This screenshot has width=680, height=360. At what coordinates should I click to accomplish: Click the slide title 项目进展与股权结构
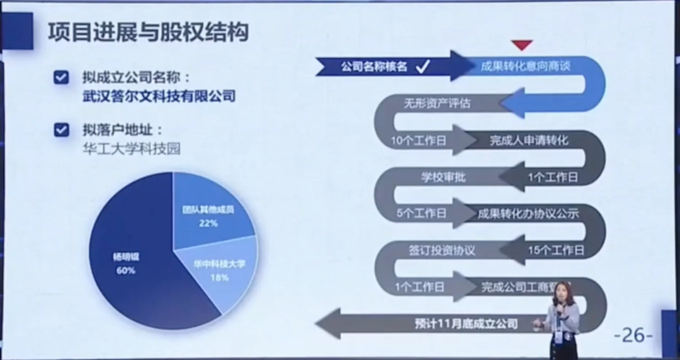click(x=147, y=33)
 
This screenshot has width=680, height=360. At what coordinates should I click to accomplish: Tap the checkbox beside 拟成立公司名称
click(x=62, y=77)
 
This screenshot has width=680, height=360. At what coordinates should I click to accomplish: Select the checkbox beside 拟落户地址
click(x=62, y=130)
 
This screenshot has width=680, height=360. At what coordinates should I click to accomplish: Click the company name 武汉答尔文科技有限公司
click(x=159, y=96)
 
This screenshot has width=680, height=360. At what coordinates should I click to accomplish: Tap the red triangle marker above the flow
click(x=522, y=44)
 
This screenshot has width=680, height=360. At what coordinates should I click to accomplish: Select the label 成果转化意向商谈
click(x=525, y=65)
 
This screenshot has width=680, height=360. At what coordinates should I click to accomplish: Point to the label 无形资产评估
click(x=436, y=103)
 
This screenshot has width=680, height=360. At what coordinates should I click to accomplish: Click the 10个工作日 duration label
click(x=417, y=140)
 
